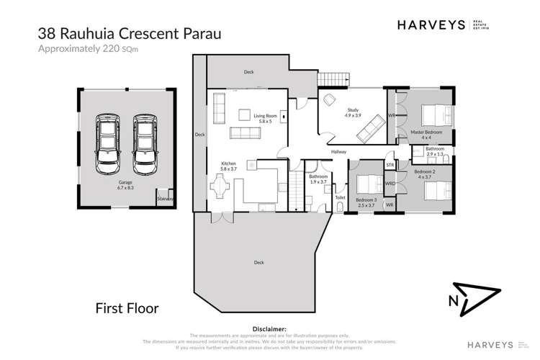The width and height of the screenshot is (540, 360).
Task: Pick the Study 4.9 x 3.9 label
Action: [x=351, y=113]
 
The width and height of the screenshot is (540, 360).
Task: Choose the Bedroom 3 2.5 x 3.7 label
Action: [x=366, y=202]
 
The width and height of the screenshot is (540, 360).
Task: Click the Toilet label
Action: [x=340, y=197]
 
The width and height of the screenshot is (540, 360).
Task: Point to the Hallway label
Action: [x=339, y=152]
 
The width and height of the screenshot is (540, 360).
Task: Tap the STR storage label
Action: [x=390, y=166]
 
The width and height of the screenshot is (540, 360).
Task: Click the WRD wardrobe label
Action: [x=390, y=183]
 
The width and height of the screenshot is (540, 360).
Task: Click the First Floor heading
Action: [x=127, y=308]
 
